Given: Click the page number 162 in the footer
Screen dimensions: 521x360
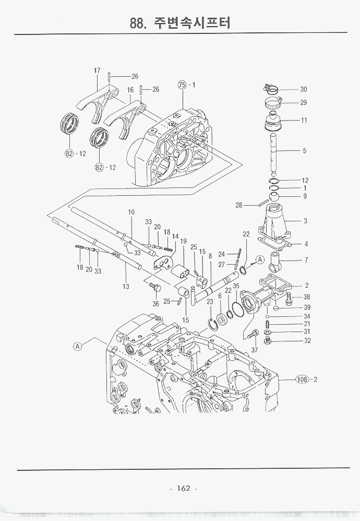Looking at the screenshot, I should (183, 489).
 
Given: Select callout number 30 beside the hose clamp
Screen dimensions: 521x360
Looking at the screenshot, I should (304, 89).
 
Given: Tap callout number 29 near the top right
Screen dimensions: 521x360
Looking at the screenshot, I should (304, 103).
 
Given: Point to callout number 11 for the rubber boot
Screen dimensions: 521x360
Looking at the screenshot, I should (304, 121).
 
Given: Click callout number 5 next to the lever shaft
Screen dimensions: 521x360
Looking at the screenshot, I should (305, 151).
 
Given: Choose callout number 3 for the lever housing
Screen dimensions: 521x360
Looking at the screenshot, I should (305, 221).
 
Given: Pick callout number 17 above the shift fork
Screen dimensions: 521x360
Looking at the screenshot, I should (97, 70).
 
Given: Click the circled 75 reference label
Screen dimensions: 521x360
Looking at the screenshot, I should (182, 85).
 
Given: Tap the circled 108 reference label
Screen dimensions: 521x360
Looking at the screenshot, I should (302, 379).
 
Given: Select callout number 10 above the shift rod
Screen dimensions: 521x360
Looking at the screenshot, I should (131, 212).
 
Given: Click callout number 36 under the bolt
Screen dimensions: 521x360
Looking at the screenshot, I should (155, 304).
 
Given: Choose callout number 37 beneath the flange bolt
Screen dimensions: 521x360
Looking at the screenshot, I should (254, 350).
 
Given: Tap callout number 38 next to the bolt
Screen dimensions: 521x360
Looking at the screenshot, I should (307, 297).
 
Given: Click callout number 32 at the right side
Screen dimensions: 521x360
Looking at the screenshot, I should (307, 341).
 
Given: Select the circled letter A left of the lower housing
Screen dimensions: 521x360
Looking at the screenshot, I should (77, 346).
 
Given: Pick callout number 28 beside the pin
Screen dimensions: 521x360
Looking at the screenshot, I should (239, 205).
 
